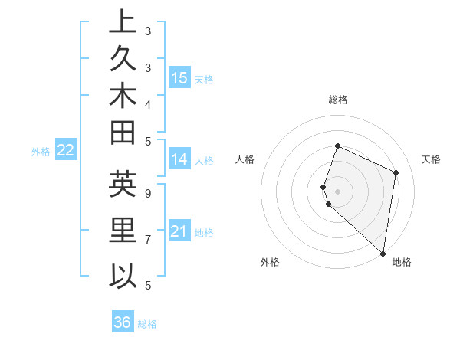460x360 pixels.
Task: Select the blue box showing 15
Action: pos(179,77)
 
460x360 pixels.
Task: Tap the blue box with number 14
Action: pos(179,159)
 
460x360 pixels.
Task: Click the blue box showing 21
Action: pos(179,231)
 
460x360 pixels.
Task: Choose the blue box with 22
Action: pos(65,151)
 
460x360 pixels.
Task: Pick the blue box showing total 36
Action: pos(123,322)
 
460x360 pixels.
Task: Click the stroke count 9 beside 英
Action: pos(148,193)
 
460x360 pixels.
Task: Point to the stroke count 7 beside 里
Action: pos(148,240)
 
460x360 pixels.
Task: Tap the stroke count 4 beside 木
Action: pos(148,103)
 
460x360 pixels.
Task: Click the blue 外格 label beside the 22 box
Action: pos(41,152)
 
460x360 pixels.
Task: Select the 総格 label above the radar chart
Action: pos(338,100)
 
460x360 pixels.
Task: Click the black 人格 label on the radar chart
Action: pos(245,159)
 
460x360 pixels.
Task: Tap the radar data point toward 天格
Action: pos(396,172)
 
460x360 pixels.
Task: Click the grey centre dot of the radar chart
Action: pos(338,190)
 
